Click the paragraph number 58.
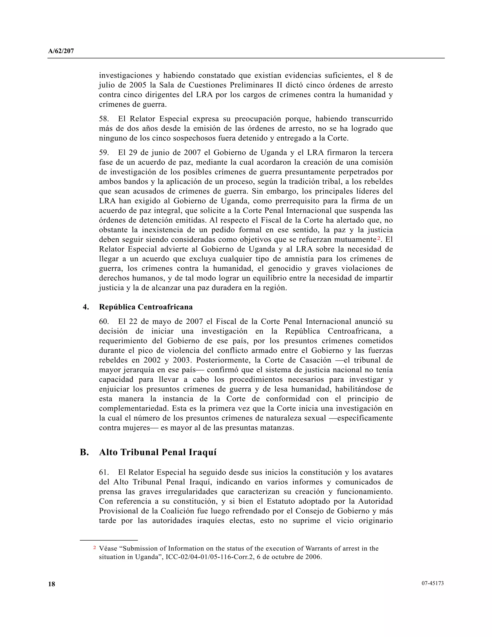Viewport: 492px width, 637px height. pos(104,119)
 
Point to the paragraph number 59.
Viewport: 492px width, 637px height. pos(104,153)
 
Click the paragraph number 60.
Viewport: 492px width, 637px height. pos(104,322)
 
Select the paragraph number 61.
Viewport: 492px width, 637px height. pos(104,472)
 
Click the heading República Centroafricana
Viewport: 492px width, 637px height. pos(146,307)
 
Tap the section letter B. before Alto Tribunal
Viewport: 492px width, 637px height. pos(84,452)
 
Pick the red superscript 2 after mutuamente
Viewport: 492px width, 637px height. pos(379,238)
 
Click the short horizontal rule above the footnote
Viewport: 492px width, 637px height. pos(109,540)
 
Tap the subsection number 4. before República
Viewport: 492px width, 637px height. pos(86,307)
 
